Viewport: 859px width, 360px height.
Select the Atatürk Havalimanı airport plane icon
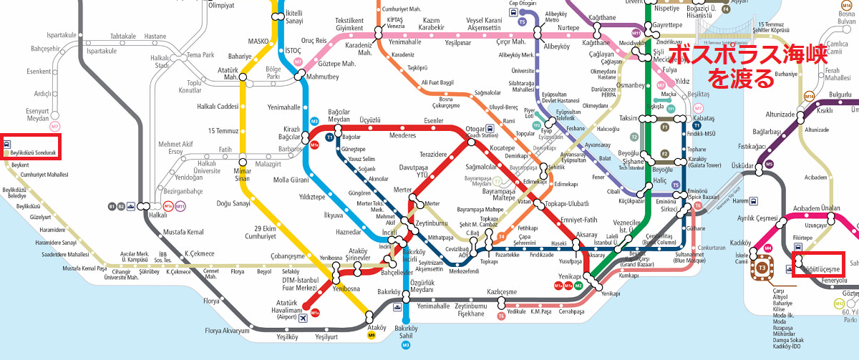[x=304, y=317]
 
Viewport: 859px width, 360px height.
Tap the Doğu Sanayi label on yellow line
[x=233, y=203]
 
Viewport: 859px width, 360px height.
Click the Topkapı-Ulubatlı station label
[x=566, y=204]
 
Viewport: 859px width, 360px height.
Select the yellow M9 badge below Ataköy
[x=371, y=334]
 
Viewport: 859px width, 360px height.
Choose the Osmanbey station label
[x=631, y=84]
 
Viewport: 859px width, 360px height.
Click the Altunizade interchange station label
[x=785, y=114]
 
